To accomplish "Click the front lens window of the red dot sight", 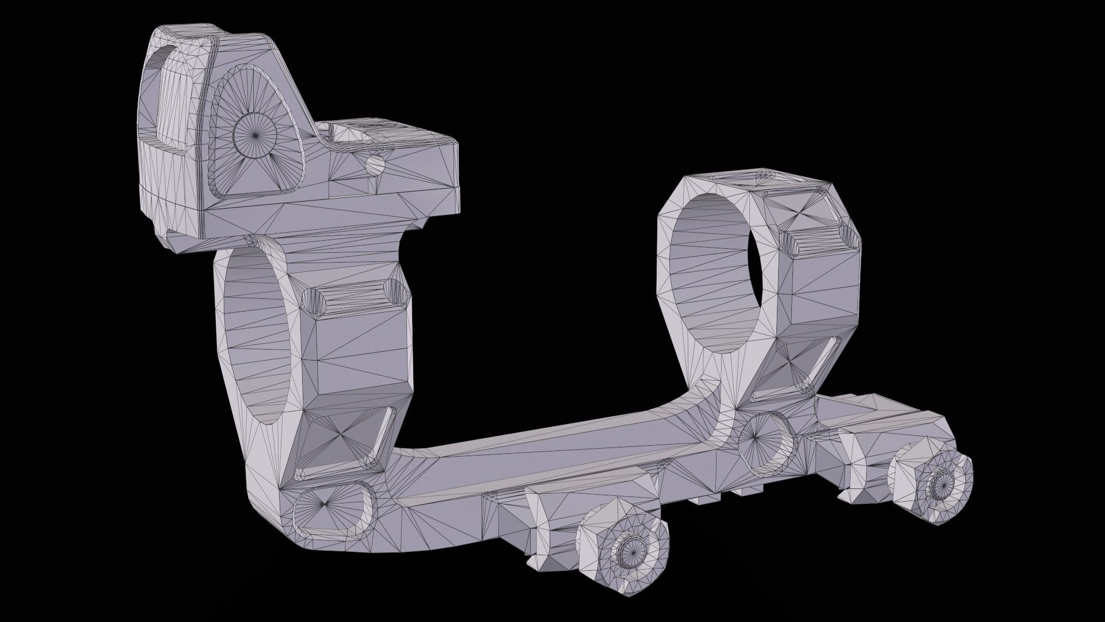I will (x=173, y=104).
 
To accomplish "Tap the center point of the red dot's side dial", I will (x=256, y=134).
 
